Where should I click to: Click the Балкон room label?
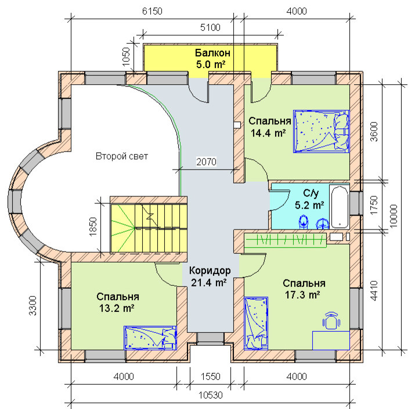click(212, 53)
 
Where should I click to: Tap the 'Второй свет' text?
click(122, 156)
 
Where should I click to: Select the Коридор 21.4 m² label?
click(210, 277)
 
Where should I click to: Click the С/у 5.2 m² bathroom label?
click(310, 199)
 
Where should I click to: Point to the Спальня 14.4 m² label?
click(270, 127)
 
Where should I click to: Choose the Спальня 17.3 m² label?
click(304, 289)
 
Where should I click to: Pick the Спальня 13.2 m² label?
click(117, 302)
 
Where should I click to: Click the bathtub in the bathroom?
click(340, 207)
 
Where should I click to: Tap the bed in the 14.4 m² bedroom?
click(322, 131)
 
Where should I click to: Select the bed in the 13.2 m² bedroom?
click(150, 338)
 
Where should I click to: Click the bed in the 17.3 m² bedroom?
click(255, 324)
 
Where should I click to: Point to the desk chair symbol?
click(331, 321)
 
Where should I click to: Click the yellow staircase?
click(149, 228)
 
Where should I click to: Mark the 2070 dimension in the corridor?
click(206, 162)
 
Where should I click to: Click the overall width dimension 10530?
click(211, 395)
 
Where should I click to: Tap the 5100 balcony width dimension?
click(210, 27)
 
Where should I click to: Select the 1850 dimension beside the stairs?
click(93, 227)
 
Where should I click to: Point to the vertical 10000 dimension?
click(394, 216)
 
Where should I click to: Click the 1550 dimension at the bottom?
click(211, 376)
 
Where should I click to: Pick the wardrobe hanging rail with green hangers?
click(286, 241)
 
